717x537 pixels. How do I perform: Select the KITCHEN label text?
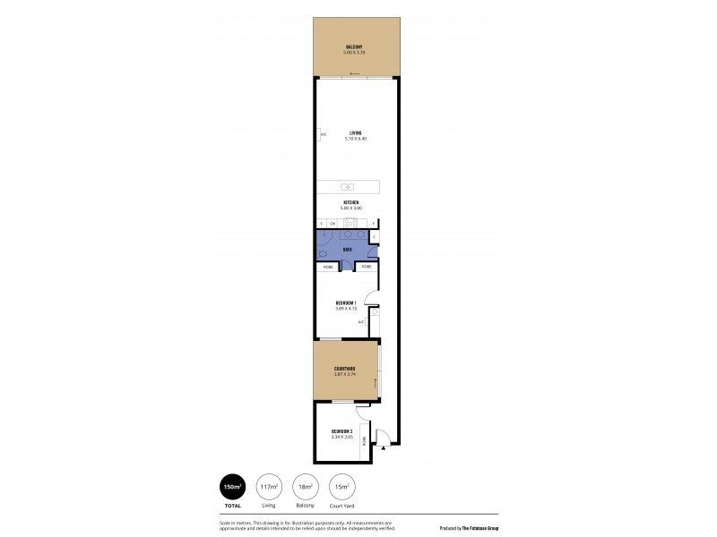point(350,203)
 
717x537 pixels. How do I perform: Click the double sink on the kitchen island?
point(348,187)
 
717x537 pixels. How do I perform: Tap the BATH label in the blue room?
point(346,250)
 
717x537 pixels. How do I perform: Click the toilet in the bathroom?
point(322,254)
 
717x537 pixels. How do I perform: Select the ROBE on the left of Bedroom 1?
point(328,267)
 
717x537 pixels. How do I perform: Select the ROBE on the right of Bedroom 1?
point(367,267)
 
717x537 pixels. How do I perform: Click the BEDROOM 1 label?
point(346,303)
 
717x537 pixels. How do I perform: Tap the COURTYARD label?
point(346,369)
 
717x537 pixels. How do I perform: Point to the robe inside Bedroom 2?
point(363,440)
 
